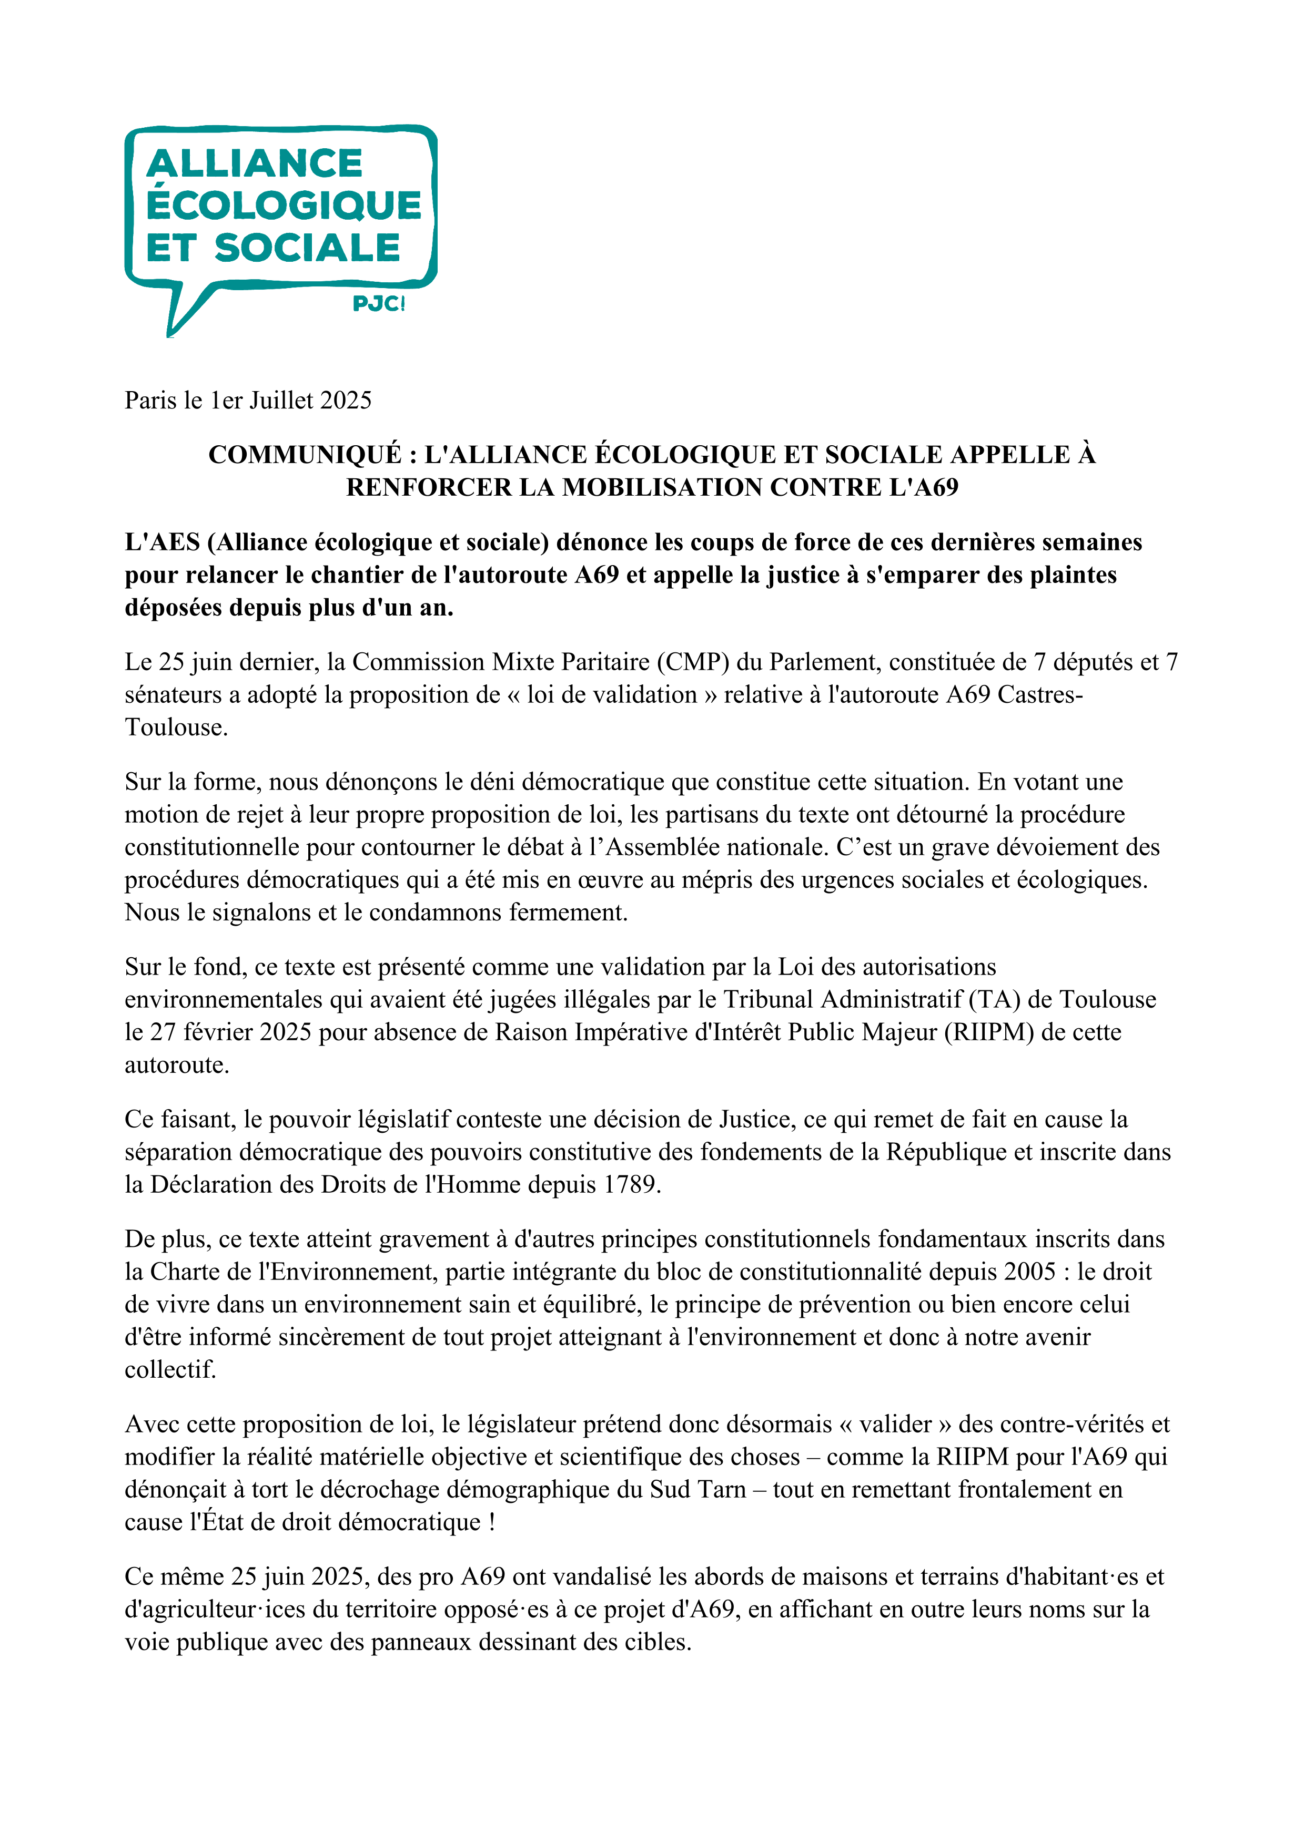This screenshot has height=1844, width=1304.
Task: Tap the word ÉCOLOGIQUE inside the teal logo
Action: tap(284, 205)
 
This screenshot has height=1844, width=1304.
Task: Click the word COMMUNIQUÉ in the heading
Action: tap(305, 455)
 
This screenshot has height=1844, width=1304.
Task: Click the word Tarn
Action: tap(725, 1490)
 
